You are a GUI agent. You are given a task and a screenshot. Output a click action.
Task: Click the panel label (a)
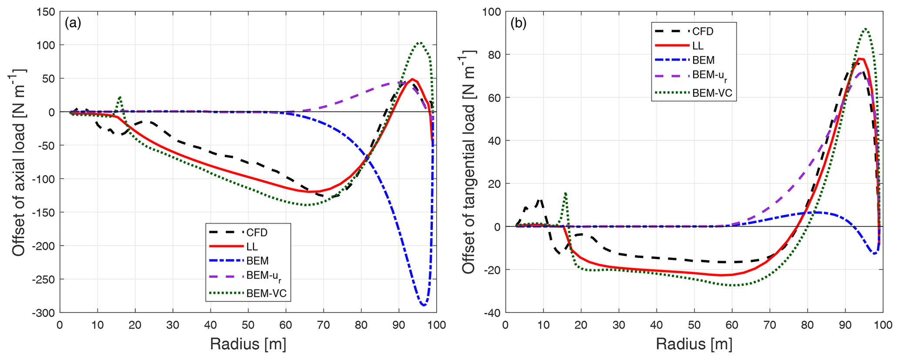[73, 23]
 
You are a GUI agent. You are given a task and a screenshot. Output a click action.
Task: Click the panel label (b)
[519, 23]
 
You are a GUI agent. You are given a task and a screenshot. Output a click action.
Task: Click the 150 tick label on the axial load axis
[46, 12]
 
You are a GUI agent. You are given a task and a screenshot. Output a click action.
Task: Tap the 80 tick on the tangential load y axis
[493, 55]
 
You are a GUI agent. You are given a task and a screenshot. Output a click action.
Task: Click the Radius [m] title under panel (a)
[248, 344]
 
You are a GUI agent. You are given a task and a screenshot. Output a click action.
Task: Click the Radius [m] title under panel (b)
[694, 344]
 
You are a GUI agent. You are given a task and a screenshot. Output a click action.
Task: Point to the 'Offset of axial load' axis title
[18, 162]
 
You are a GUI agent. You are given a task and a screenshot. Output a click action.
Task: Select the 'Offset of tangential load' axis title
[469, 162]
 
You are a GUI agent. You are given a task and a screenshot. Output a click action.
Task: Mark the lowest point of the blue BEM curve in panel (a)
[423, 305]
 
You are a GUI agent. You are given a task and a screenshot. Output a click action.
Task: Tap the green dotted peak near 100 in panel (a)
[419, 43]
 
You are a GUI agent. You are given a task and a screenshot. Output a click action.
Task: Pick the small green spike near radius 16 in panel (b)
[565, 193]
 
